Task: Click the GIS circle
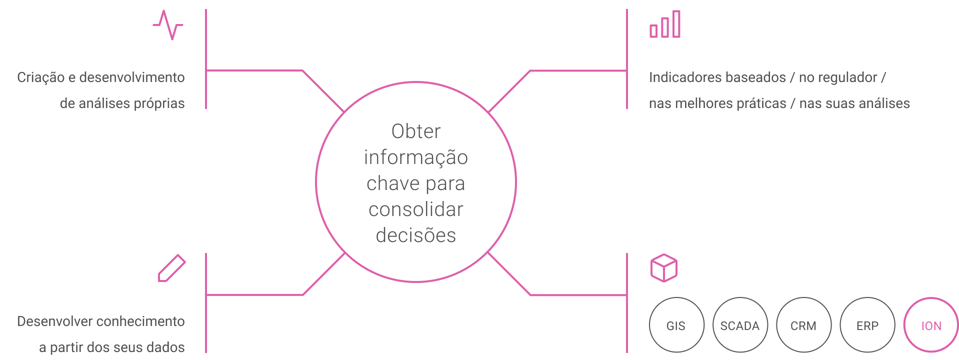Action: tap(676, 325)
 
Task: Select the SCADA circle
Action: tap(739, 325)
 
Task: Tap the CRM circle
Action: tap(803, 325)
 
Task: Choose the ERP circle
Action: tap(867, 325)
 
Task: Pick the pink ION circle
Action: tap(931, 325)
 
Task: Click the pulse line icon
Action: tap(168, 25)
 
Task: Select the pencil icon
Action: tap(171, 268)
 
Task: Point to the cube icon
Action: tap(664, 268)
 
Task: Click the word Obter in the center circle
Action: tap(416, 131)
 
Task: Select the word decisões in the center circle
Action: tap(416, 235)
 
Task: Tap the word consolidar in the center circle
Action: tap(416, 209)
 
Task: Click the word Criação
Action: tap(40, 77)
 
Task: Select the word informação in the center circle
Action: tap(416, 157)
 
